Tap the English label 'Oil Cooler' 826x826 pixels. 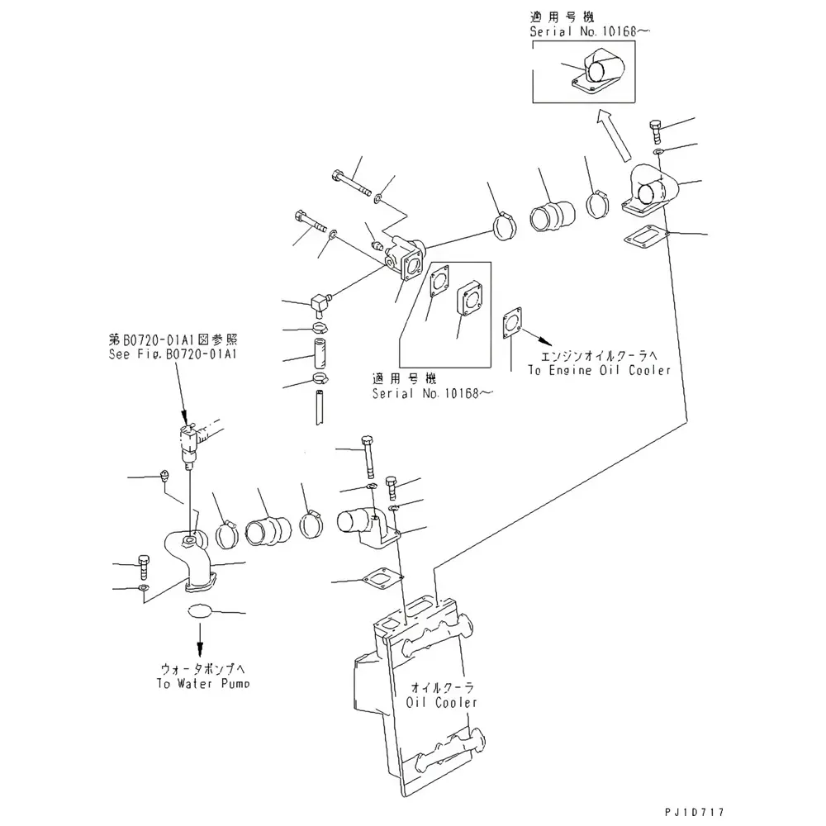tap(442, 702)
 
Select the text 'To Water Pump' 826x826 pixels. tap(202, 683)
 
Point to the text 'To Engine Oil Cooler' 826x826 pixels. tap(599, 371)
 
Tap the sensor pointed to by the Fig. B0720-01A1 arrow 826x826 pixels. tap(190, 440)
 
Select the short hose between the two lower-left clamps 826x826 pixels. tap(269, 528)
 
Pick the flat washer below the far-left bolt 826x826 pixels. tap(144, 588)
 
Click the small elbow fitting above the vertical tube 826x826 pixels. tap(319, 301)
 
